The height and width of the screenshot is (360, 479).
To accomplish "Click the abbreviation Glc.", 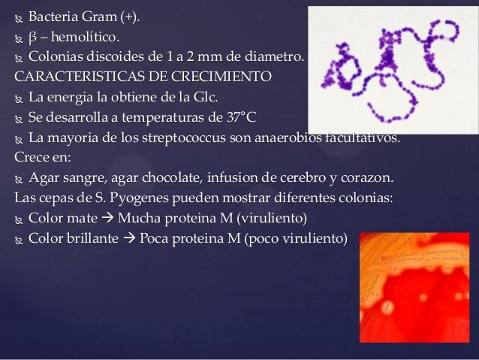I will click(x=192, y=97).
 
